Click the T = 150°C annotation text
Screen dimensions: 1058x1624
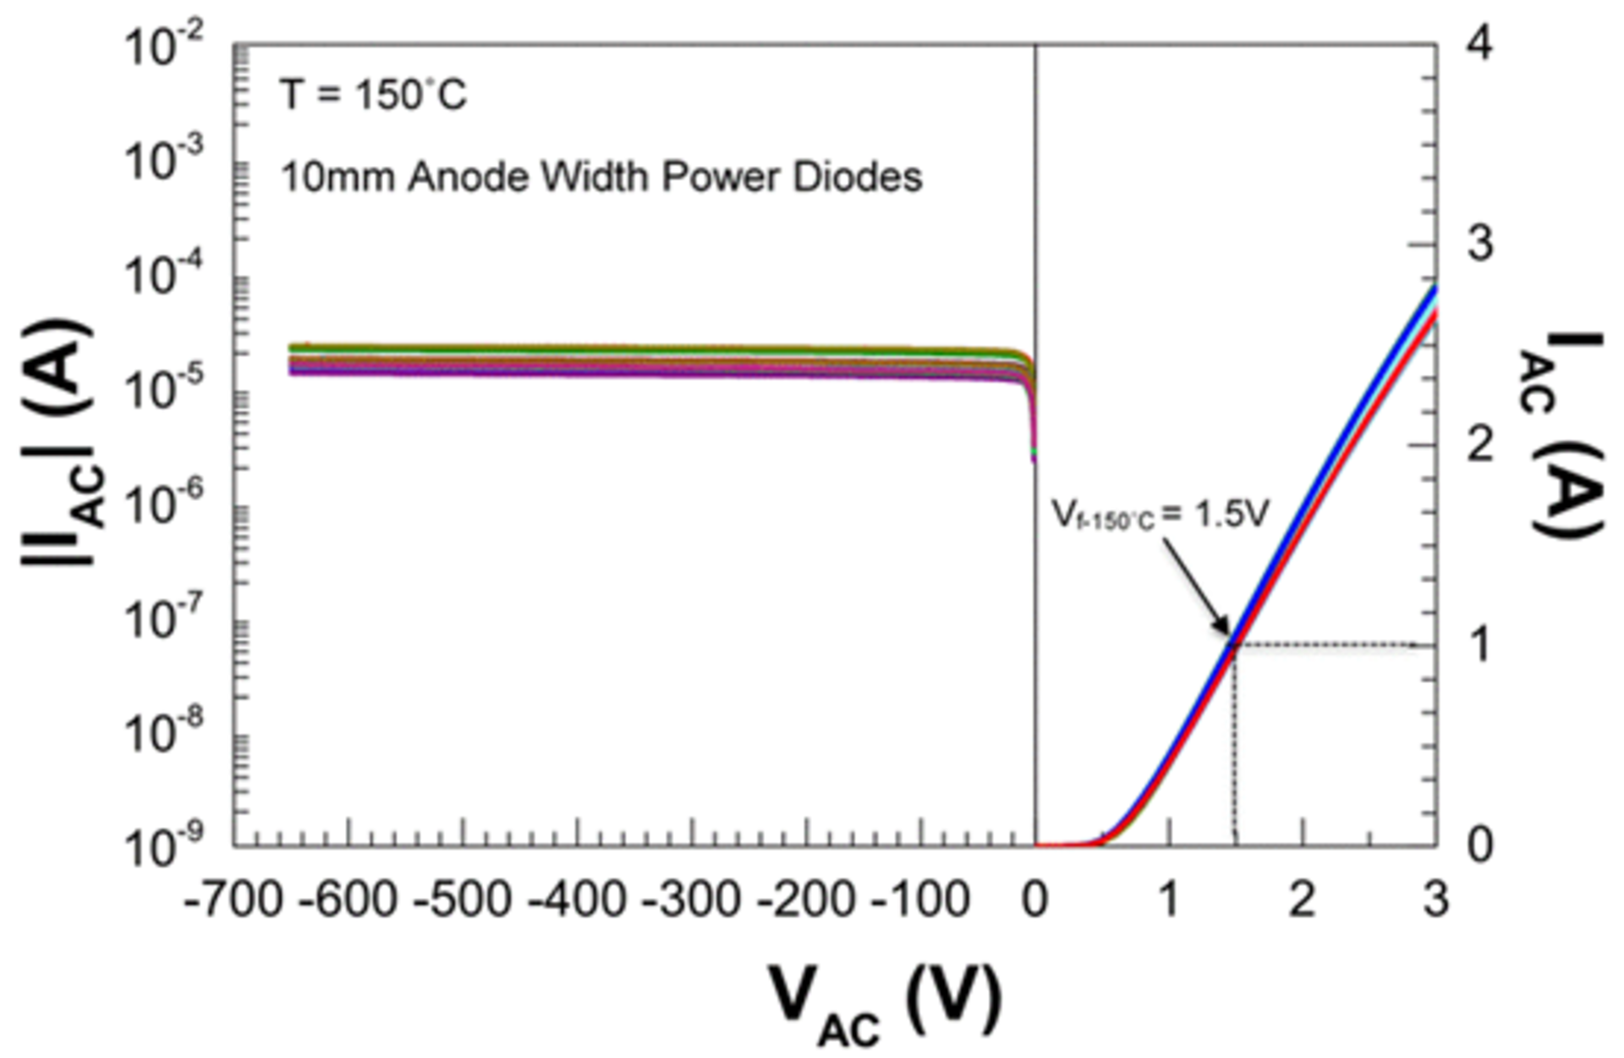[373, 94]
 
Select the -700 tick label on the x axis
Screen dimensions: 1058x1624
[233, 899]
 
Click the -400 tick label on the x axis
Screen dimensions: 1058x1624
[577, 899]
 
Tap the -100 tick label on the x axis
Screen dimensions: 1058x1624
[920, 899]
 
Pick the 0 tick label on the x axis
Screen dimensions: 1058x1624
[1034, 899]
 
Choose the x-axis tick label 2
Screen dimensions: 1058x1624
[1303, 899]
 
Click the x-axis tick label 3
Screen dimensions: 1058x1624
[1435, 899]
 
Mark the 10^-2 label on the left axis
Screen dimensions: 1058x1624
[163, 47]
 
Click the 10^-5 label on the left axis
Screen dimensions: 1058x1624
[163, 391]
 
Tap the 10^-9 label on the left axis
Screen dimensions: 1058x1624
[163, 846]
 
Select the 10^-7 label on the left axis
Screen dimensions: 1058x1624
[163, 620]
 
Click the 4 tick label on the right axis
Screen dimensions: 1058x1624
[1479, 44]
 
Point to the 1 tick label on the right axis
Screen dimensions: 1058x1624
[1479, 646]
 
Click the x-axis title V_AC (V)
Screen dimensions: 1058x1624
[885, 1003]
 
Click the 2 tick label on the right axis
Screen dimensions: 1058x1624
[1479, 445]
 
